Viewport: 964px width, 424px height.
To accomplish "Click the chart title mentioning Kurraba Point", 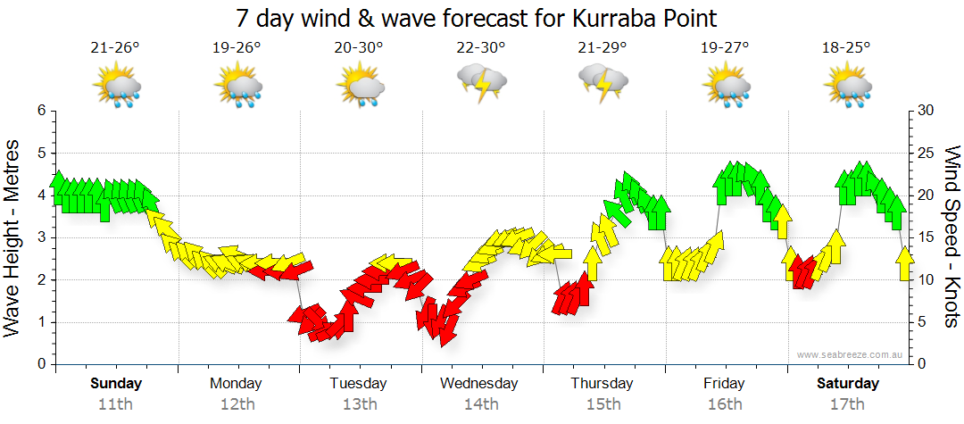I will (x=477, y=18).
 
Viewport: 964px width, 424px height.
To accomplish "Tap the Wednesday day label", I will (x=479, y=384).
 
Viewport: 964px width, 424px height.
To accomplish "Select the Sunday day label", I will (x=116, y=384).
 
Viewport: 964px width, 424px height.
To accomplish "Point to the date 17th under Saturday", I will (x=845, y=404).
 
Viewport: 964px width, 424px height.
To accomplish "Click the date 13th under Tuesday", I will (x=358, y=404).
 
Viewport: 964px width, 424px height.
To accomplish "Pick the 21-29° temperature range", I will (x=602, y=48).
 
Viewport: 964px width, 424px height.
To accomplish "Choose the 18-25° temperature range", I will (x=845, y=48).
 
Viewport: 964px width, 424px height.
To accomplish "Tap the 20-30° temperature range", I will (x=359, y=48).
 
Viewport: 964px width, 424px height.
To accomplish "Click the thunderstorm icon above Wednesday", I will (x=481, y=83).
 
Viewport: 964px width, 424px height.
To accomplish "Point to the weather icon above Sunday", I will (x=116, y=87).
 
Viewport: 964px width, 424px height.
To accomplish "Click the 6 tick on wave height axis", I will (x=40, y=111).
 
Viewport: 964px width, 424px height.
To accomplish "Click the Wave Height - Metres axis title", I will (x=13, y=238).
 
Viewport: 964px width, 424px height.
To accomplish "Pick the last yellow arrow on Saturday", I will (x=904, y=263).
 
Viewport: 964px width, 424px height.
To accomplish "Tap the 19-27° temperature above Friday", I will (x=725, y=48).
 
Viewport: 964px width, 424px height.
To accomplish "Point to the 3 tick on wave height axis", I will (x=40, y=237).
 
